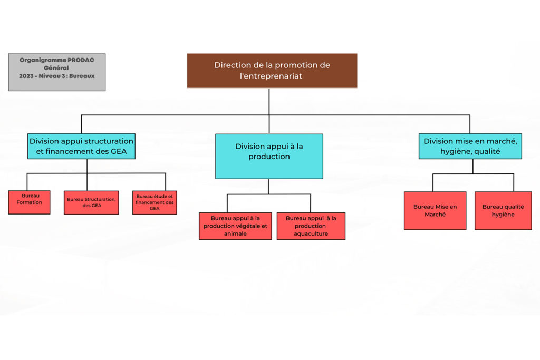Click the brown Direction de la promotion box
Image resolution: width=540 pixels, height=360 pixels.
(x=272, y=71)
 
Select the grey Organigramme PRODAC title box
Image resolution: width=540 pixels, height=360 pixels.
(x=57, y=72)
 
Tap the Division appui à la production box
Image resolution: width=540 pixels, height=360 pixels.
(x=269, y=156)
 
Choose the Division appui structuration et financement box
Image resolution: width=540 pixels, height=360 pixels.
(x=81, y=147)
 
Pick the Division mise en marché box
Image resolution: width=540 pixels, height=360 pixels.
(x=470, y=147)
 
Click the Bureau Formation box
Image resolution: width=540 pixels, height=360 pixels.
(x=30, y=202)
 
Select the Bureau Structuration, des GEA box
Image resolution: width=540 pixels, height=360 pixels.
(x=91, y=203)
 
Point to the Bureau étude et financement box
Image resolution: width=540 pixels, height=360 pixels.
(x=155, y=203)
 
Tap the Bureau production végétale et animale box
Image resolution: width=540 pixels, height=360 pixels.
(x=235, y=226)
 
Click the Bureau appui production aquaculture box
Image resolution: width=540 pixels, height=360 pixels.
(x=311, y=226)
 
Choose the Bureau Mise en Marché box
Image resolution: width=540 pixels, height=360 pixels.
(x=435, y=211)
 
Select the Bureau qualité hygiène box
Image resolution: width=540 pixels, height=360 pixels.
(x=503, y=211)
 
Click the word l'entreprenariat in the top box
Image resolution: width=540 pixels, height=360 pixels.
(x=271, y=76)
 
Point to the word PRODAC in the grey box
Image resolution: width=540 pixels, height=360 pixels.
(x=81, y=60)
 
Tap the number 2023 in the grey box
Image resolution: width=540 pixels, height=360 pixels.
(x=26, y=76)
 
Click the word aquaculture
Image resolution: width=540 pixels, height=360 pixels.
(x=311, y=233)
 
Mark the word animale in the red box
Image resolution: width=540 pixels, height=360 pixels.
(x=235, y=233)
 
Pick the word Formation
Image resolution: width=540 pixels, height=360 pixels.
(x=30, y=202)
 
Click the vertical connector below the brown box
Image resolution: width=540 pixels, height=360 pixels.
(x=269, y=102)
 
